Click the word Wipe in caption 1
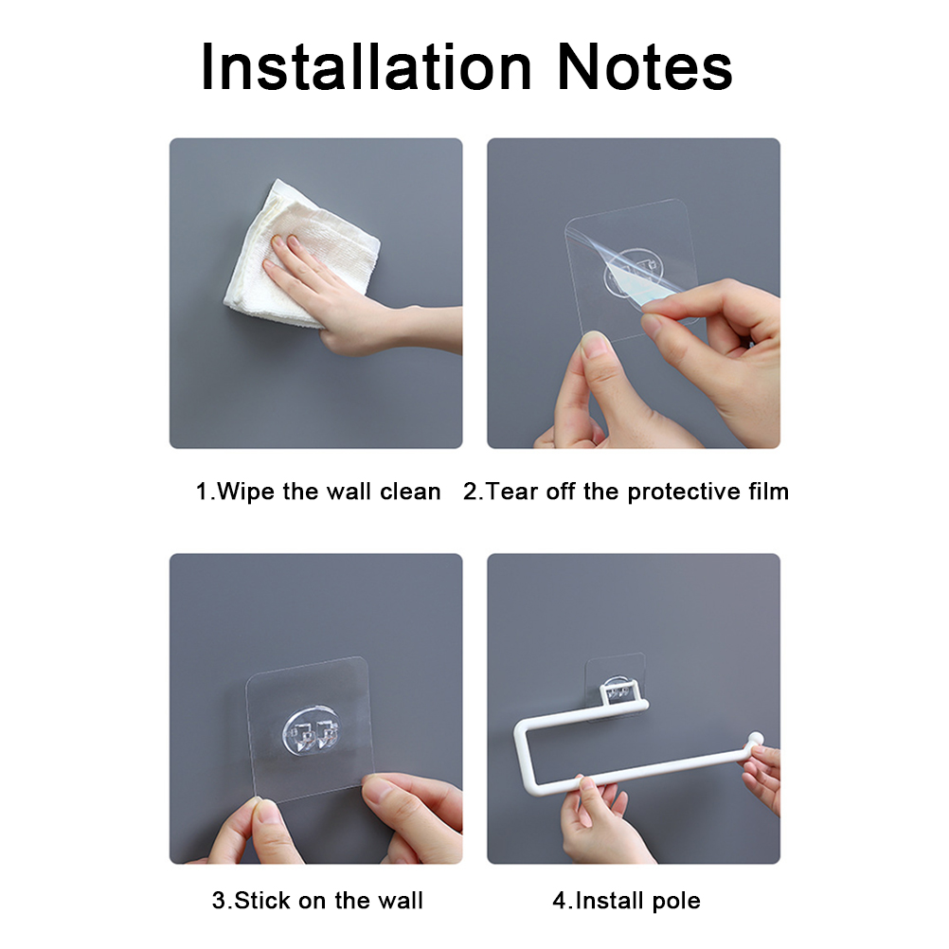[245, 492]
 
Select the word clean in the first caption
[410, 492]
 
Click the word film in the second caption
[769, 491]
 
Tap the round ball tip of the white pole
[756, 740]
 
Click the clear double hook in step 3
[311, 732]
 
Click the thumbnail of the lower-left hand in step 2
[597, 346]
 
